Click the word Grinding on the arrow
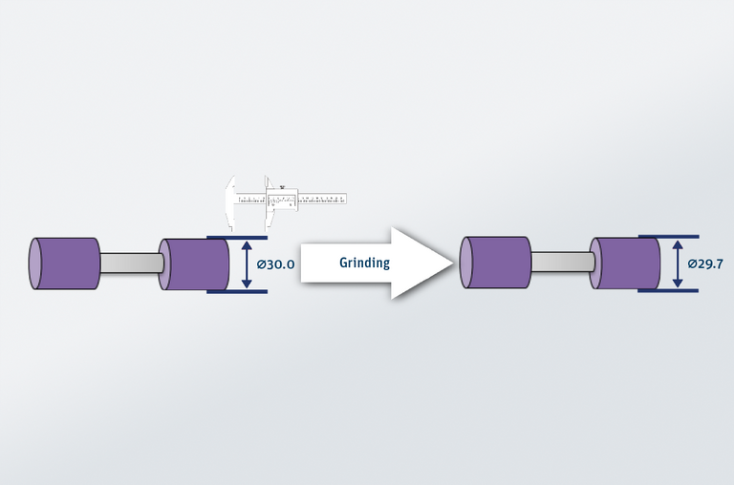(364, 263)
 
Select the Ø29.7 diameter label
(704, 264)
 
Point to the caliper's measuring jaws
(231, 204)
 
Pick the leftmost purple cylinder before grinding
(67, 264)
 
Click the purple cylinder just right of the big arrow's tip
(496, 264)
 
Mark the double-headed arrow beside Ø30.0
(248, 264)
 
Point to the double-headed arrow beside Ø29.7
(678, 264)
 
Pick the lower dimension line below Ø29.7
(668, 291)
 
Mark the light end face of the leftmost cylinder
(35, 264)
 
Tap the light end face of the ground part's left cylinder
(466, 264)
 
